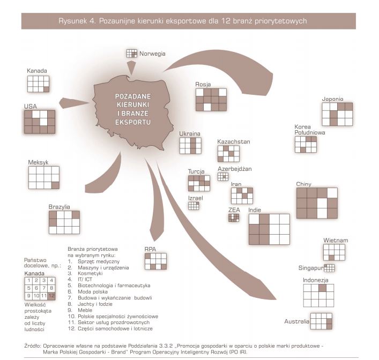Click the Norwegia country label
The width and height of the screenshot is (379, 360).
point(152,54)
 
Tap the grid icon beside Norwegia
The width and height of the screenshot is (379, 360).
point(132,54)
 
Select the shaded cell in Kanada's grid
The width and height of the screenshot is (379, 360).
point(47,89)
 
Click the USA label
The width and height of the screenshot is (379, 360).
point(31,106)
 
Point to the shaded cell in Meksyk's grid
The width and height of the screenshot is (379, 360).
point(55,185)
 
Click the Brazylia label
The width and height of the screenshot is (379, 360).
point(59,207)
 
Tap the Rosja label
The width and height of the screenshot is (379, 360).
point(203,84)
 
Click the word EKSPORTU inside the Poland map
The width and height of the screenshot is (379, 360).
point(133,122)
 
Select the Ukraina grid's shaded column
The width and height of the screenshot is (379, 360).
point(193,146)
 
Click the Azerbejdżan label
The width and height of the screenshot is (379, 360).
point(235,169)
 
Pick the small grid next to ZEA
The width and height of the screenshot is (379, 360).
point(234,218)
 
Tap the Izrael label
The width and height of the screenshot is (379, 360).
point(196,198)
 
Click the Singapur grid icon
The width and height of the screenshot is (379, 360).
point(329,268)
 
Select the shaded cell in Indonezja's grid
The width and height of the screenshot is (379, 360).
point(322,288)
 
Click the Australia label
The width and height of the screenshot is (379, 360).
point(297,321)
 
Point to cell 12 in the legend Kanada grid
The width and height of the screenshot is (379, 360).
point(51,296)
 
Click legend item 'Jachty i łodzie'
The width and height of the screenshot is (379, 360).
point(95,304)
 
